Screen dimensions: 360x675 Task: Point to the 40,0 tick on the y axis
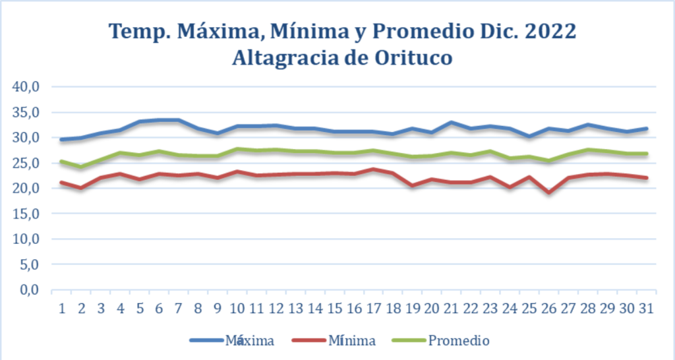[26, 87]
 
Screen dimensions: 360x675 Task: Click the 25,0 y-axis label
[26, 163]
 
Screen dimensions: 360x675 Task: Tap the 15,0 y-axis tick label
[26, 214]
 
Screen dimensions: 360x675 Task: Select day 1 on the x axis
[62, 308]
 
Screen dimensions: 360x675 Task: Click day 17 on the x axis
[374, 308]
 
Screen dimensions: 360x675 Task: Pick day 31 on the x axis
[647, 308]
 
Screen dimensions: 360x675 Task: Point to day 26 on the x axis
[549, 308]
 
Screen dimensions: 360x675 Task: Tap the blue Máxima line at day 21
[452, 122]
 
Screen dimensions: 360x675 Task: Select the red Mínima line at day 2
[81, 188]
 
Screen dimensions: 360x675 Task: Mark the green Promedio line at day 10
[237, 149]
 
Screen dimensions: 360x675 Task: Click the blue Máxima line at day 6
[159, 120]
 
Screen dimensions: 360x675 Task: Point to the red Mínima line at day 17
[374, 169]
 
